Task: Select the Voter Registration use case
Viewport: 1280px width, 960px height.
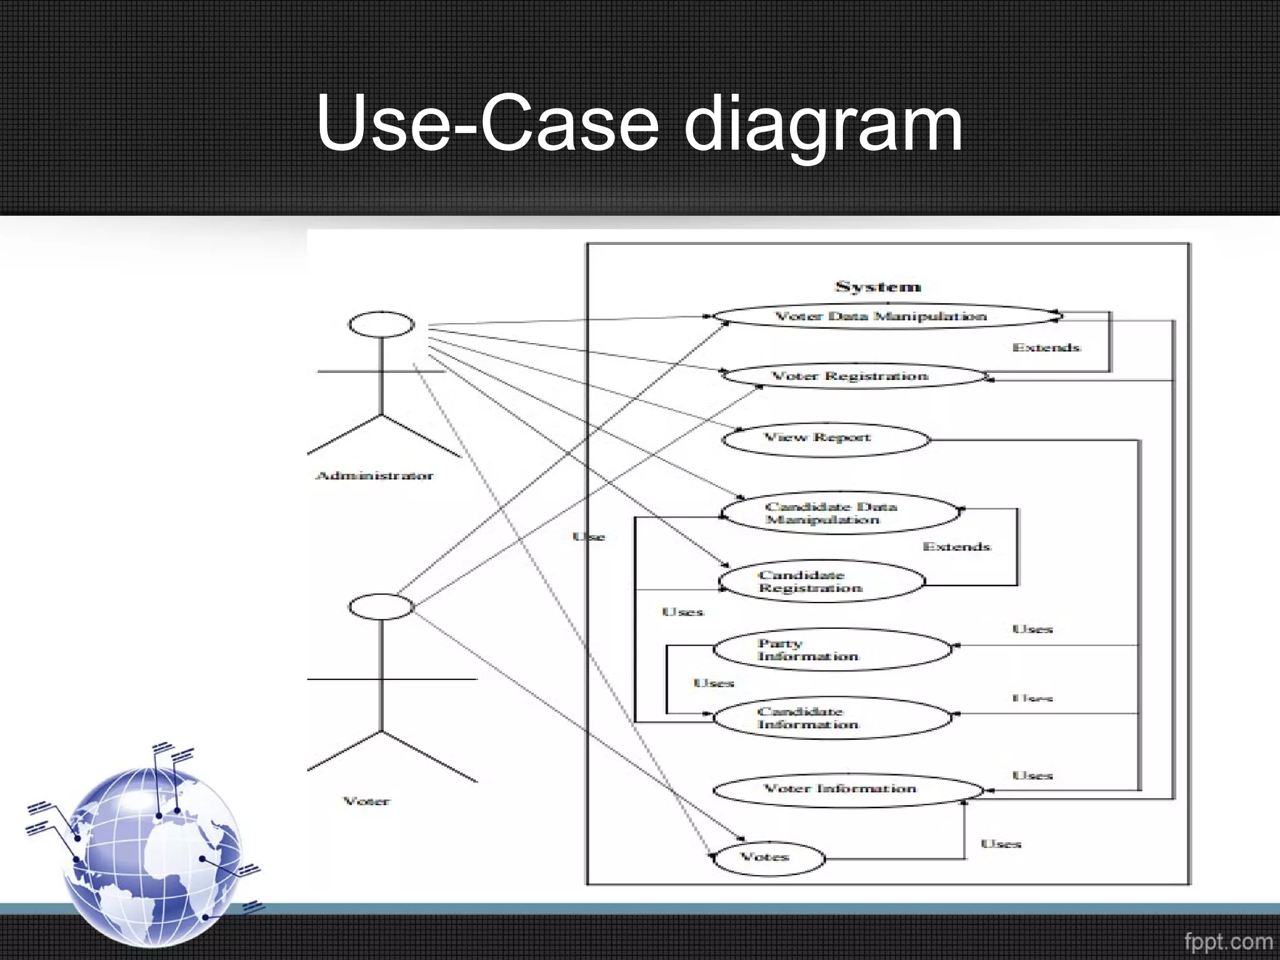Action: point(851,376)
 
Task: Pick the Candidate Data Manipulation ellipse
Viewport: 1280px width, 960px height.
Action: point(837,513)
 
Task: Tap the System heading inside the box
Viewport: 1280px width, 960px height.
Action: point(878,287)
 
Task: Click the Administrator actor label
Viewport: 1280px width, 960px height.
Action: point(374,476)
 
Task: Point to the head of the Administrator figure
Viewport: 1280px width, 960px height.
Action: point(381,324)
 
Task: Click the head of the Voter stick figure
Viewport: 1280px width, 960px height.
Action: point(381,607)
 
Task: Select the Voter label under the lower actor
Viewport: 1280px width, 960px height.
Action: point(367,801)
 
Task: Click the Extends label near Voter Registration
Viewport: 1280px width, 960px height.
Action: point(1046,347)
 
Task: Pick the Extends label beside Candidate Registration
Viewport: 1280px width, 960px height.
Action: point(956,547)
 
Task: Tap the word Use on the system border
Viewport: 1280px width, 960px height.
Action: point(589,537)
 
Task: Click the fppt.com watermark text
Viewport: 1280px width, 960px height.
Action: point(1227,941)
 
